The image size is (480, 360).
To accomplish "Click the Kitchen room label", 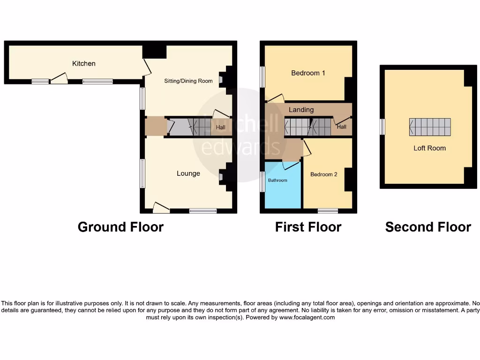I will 83,63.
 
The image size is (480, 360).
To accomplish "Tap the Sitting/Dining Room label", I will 188,81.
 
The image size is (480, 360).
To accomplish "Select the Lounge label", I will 188,173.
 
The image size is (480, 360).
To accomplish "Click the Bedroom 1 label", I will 308,73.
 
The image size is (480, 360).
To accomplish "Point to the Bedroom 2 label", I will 323,174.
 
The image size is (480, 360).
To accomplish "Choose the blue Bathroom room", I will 282,186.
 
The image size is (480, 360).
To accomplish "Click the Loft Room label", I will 429,148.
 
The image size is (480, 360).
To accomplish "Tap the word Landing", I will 301,110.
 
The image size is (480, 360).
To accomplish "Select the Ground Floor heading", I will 120,227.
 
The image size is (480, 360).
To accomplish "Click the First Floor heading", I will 308,227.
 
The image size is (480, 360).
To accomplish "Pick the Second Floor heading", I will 428,227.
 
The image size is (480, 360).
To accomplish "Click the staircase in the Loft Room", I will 430,127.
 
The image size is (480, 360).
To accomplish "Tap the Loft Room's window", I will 382,127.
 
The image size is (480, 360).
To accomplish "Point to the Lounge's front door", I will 161,208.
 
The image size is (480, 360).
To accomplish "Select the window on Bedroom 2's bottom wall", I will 328,210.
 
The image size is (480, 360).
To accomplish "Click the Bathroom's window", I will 262,181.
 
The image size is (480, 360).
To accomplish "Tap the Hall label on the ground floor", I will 220,127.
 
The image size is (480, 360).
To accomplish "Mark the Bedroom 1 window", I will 262,77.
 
